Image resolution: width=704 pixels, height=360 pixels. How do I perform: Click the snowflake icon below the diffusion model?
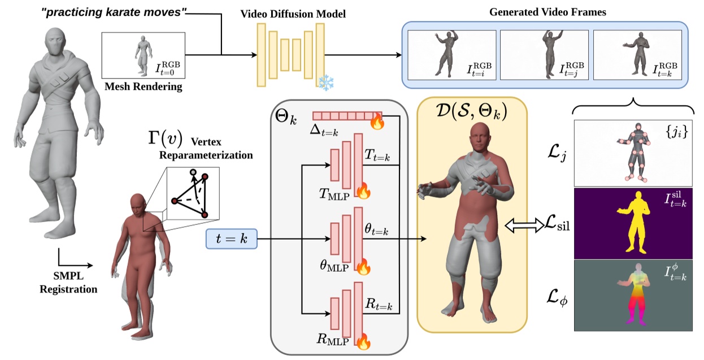pos(327,83)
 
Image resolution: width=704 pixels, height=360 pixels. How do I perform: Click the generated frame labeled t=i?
pos(451,54)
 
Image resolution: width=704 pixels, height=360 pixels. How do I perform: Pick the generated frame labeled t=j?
pos(544,54)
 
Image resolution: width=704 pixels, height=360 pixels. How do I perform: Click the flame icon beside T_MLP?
pos(364,192)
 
